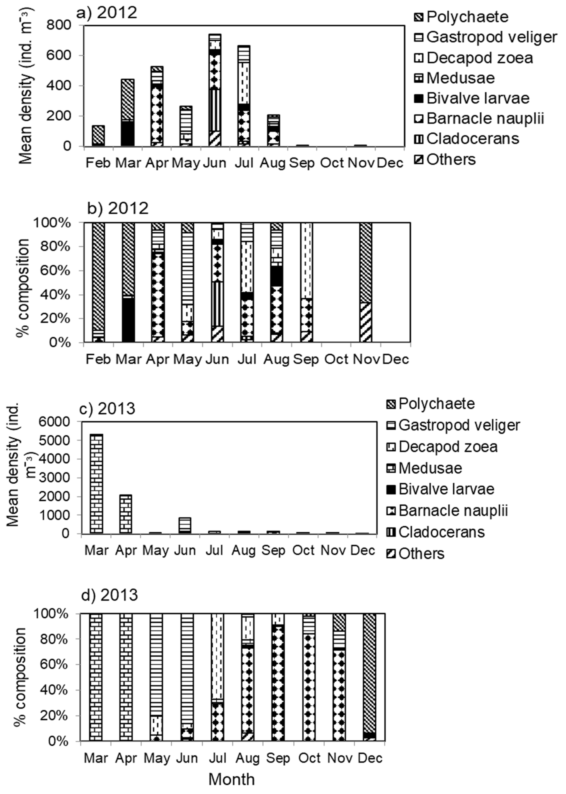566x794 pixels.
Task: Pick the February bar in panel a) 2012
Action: (98, 136)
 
